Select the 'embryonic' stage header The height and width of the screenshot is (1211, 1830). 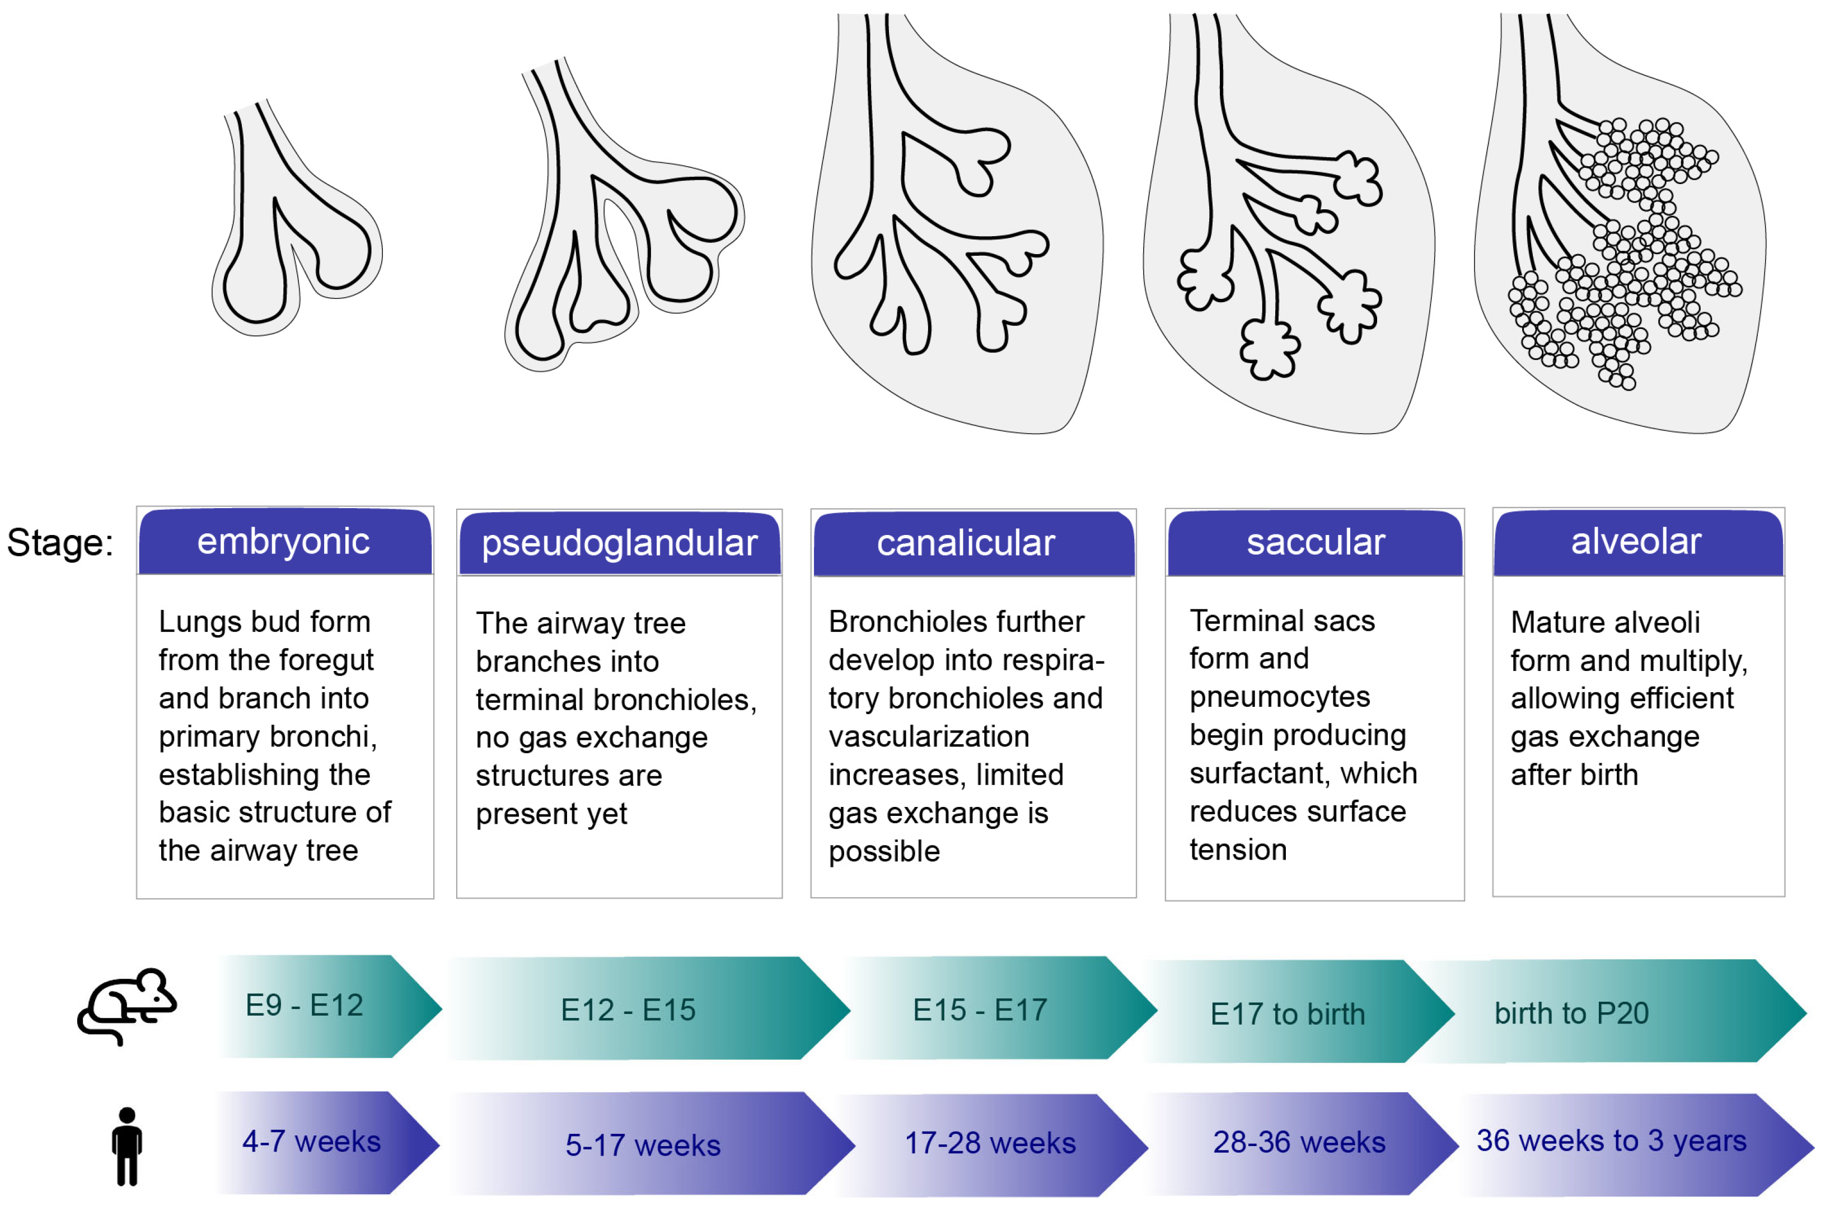coord(283,541)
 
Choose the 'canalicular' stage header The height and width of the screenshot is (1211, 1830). coord(965,543)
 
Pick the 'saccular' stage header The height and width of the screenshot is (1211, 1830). coord(1316,542)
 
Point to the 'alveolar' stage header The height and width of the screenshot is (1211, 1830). coord(1636,541)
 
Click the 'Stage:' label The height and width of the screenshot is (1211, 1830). coord(60,542)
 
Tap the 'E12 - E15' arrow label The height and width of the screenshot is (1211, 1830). coord(628,1010)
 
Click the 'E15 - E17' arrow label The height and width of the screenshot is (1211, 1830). coord(980,1010)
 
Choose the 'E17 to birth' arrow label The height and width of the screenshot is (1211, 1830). coord(1288,1014)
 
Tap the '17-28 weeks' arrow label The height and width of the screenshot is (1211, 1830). coord(990,1143)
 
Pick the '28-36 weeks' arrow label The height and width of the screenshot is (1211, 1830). coord(1299,1142)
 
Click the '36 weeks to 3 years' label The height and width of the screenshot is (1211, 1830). coord(1611,1140)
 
